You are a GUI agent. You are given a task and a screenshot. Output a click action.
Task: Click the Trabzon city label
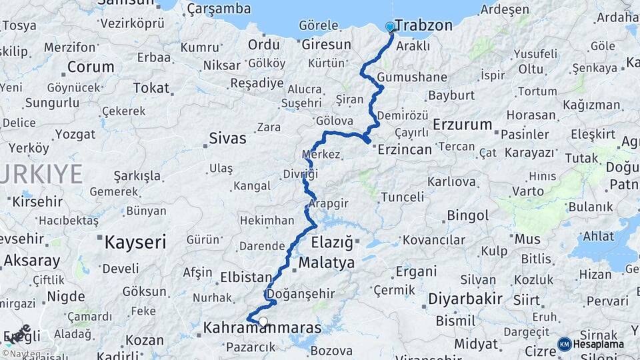click(423, 26)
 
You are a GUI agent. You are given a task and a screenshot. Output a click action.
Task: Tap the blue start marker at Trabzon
click(390, 27)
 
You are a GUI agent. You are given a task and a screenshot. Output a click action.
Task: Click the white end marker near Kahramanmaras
click(263, 322)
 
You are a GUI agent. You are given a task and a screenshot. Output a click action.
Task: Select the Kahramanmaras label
click(262, 329)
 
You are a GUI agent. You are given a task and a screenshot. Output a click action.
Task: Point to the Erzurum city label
click(462, 125)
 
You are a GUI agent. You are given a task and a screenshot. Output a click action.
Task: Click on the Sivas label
click(227, 139)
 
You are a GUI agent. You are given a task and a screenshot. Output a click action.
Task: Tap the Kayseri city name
click(135, 242)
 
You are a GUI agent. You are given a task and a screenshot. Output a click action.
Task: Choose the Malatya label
click(327, 263)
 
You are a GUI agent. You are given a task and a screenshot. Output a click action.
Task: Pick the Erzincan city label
click(405, 149)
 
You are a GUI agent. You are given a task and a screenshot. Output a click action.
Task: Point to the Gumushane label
click(412, 77)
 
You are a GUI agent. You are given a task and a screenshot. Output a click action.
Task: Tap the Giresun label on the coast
click(326, 45)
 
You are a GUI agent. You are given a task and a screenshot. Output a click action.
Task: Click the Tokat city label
click(151, 88)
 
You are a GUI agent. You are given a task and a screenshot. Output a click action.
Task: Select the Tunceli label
click(402, 197)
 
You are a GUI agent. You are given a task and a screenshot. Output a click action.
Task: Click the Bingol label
click(468, 216)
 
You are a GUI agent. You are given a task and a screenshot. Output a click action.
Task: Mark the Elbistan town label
click(246, 277)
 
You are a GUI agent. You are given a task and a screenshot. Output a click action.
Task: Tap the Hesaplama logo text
click(599, 344)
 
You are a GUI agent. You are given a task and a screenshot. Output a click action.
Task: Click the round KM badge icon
click(564, 344)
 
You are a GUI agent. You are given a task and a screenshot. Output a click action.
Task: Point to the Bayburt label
click(451, 95)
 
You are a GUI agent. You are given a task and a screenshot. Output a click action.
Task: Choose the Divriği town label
click(304, 174)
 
